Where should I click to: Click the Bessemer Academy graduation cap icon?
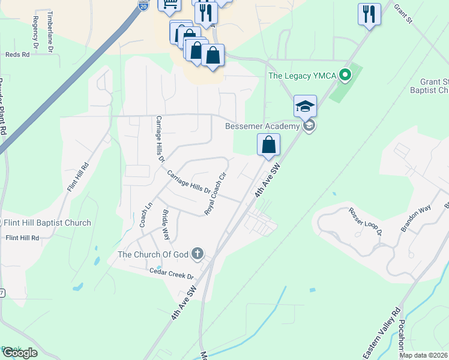click(305, 107)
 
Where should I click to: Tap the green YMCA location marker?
click(345, 76)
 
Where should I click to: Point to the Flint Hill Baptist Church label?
click(47, 223)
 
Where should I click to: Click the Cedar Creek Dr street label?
click(172, 275)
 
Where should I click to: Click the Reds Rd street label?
click(17, 54)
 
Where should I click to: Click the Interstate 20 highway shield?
click(143, 5)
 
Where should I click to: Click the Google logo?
click(19, 353)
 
